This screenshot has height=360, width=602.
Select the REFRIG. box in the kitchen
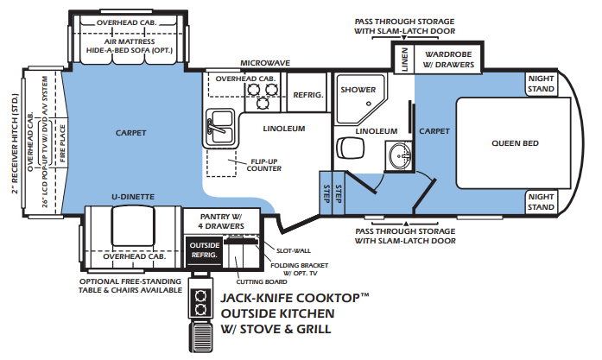(x=308, y=95)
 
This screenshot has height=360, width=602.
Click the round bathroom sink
(x=398, y=158)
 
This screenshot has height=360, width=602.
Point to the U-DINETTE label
(x=132, y=197)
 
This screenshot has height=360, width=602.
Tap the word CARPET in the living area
(x=131, y=133)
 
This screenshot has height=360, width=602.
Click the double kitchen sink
(x=219, y=127)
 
